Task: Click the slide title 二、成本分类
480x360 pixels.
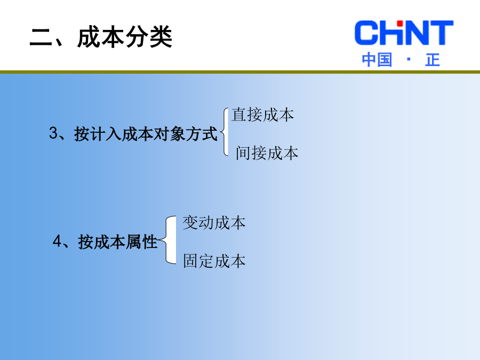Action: click(101, 37)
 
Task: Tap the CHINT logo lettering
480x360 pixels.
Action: click(404, 33)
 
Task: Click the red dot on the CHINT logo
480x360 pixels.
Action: click(399, 23)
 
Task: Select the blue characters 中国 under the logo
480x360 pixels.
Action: click(377, 60)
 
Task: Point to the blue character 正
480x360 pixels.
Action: click(433, 60)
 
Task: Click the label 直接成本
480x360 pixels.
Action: click(262, 115)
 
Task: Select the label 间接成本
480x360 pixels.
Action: click(267, 153)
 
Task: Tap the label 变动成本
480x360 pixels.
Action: click(214, 222)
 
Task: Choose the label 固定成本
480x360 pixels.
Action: click(214, 261)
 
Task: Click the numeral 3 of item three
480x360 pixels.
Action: click(53, 133)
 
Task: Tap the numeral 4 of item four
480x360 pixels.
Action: click(57, 241)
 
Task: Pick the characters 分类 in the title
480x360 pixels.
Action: click(149, 37)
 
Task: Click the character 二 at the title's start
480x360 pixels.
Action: click(41, 37)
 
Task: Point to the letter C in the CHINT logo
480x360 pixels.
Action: click(366, 33)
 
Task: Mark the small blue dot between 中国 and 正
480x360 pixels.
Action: click(409, 59)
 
